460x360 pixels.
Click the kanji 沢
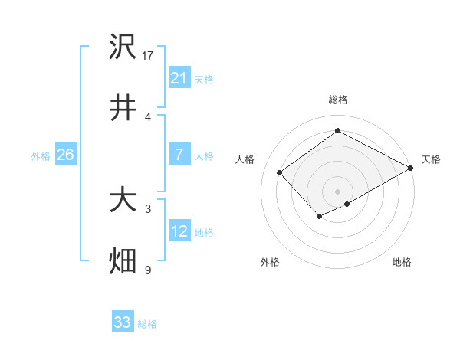123,47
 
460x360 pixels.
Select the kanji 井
123,108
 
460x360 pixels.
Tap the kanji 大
123,201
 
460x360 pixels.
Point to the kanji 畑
123,261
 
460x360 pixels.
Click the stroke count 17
149,55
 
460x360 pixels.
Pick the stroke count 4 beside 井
148,116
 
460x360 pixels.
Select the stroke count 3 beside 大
148,208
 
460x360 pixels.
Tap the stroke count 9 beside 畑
148,270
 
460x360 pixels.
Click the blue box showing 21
179,78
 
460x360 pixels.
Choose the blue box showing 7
179,155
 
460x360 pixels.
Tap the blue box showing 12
179,231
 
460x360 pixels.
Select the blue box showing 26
65,155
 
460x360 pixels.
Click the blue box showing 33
123,322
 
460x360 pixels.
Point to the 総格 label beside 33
147,324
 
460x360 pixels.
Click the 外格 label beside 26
41,156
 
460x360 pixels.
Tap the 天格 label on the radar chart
431,159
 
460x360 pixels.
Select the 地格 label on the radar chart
402,262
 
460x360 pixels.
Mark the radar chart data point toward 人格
280,172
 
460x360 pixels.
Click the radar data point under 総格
337,132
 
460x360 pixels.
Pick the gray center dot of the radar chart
337,190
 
